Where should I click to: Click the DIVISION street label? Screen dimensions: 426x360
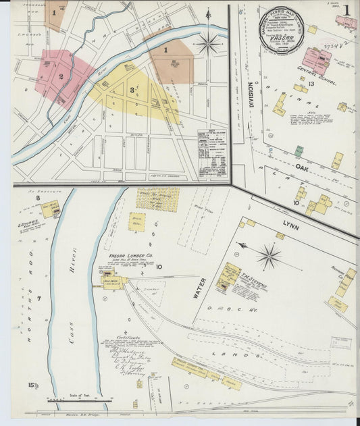click(x=251, y=90)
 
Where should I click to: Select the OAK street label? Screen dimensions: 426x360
click(x=301, y=167)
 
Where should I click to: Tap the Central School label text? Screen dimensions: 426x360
click(x=305, y=75)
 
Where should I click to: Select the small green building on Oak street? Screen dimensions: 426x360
click(x=298, y=151)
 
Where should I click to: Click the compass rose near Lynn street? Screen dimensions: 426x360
click(x=269, y=257)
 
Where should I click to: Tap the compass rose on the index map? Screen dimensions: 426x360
click(x=208, y=45)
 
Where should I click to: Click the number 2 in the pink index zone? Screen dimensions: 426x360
click(x=61, y=76)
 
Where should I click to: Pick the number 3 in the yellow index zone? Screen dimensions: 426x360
click(x=132, y=90)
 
